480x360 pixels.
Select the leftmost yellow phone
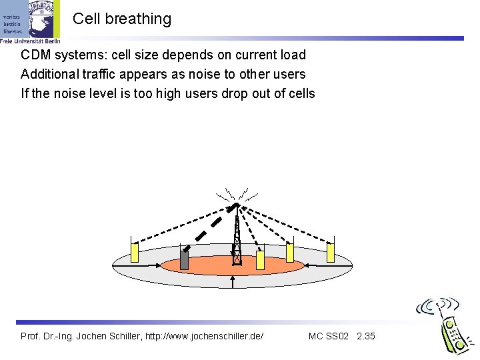[x=134, y=252]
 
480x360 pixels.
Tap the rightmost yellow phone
[x=330, y=253]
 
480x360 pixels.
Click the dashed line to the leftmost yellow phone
[x=180, y=225]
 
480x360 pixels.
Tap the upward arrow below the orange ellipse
[x=233, y=281]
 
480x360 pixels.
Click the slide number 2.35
[x=366, y=336]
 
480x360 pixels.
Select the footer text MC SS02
[x=329, y=336]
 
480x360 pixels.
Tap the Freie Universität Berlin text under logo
[x=30, y=41]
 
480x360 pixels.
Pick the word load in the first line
[x=293, y=55]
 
